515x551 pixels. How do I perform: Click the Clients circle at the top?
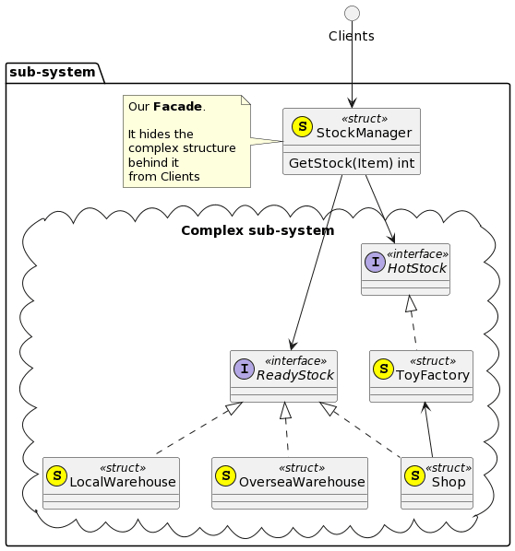pos(352,14)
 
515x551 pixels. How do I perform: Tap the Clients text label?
pos(352,36)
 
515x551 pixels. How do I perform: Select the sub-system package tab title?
pos(53,73)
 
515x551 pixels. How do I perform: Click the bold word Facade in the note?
pos(178,107)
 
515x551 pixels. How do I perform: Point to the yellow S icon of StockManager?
pos(302,127)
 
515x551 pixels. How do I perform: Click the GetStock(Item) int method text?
pos(352,163)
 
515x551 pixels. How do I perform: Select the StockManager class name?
pos(364,134)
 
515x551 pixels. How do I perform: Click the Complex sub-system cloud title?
pos(257,231)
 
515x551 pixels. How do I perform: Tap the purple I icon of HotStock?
pos(376,263)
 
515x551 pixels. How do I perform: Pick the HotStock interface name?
pos(417,268)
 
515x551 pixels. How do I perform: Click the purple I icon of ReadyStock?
pos(244,369)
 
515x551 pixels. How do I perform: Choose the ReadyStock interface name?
pos(295,375)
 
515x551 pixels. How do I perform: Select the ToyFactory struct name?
pos(433,375)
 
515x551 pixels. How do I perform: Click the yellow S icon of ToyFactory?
pos(383,369)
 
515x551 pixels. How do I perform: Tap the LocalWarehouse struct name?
pos(123,482)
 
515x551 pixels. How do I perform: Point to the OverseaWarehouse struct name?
pos(302,482)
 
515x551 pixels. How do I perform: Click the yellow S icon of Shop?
pos(415,476)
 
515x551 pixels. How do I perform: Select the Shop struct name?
pos(449,482)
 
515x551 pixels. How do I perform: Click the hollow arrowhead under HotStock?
pos(411,304)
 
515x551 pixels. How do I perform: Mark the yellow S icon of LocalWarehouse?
pos(57,476)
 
